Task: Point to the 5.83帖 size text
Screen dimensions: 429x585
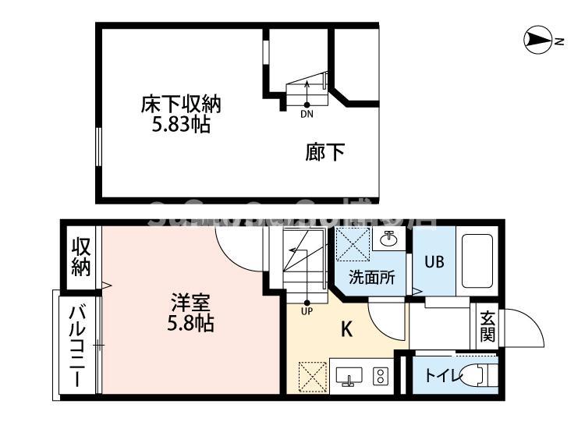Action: pos(180,124)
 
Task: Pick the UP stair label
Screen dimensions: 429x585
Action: pos(307,312)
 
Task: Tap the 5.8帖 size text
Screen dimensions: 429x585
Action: pos(189,322)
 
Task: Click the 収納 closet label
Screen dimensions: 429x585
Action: pos(81,257)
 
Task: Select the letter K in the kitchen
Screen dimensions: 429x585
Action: pos(346,329)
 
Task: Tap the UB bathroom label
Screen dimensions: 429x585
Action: pos(434,261)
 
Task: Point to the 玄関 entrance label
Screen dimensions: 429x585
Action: pos(487,328)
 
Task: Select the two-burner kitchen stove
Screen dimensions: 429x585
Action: pos(381,377)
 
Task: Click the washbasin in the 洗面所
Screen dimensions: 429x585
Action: pos(387,239)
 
